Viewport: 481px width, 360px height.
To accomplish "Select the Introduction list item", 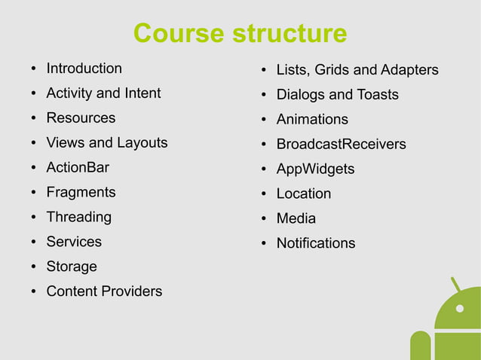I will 84,69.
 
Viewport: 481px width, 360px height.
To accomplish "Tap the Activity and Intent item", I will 103,93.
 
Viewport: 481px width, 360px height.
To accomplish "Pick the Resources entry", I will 81,117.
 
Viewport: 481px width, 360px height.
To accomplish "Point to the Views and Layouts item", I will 107,142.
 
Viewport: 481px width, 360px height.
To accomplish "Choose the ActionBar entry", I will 78,167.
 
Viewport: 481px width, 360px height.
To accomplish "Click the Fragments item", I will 81,192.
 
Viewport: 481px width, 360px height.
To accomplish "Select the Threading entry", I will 78,217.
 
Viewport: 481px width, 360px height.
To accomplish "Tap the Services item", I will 74,242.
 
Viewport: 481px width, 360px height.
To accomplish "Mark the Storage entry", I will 72,267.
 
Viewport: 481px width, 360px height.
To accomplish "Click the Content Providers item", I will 104,291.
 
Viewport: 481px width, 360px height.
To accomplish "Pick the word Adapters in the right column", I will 409,70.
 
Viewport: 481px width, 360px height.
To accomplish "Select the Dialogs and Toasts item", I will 337,95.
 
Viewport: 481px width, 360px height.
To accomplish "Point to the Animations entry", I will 312,120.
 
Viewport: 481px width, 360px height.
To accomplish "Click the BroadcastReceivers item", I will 341,144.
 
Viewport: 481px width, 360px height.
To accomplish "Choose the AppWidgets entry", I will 315,169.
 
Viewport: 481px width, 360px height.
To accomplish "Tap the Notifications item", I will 315,243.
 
